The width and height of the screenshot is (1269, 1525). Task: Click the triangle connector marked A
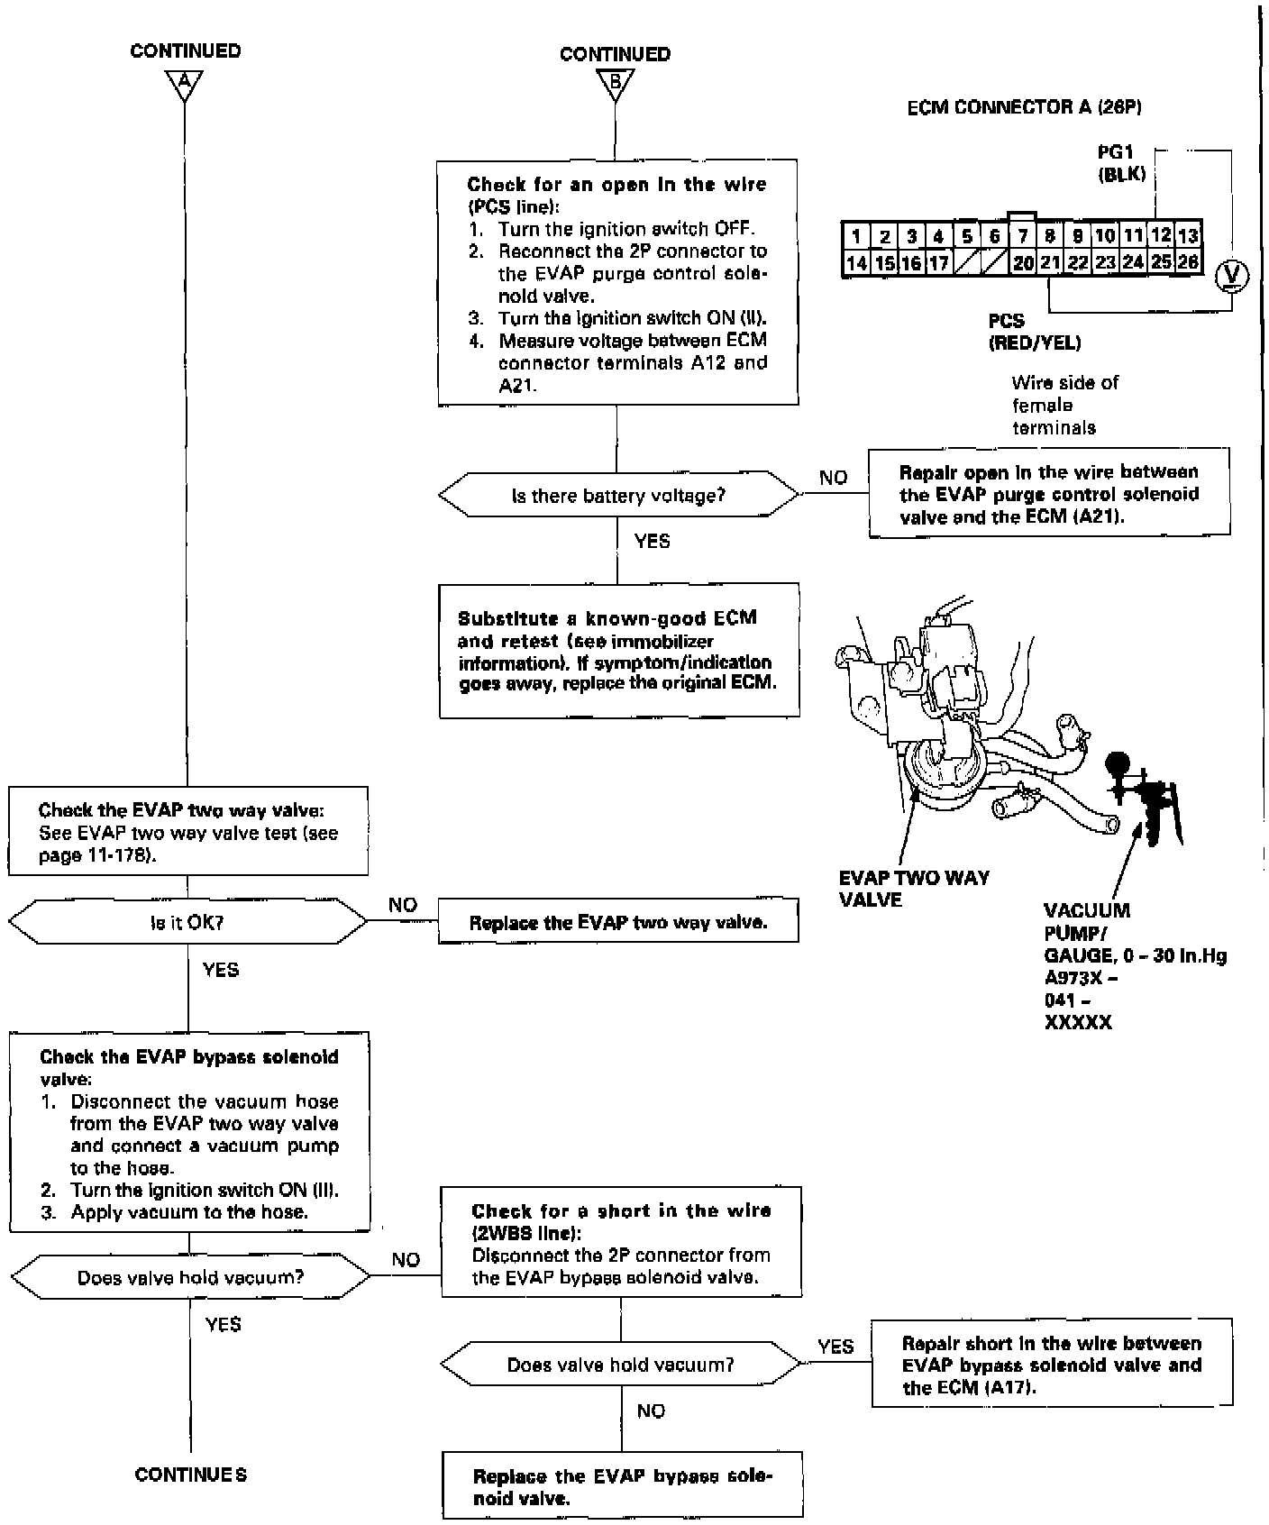coord(184,84)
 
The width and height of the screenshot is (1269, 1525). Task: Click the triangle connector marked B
coord(615,86)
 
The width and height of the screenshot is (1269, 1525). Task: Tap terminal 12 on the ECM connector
coord(1161,236)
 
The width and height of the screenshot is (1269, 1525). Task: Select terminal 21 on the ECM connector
coord(1050,262)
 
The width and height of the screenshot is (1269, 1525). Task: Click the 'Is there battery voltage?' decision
coord(618,496)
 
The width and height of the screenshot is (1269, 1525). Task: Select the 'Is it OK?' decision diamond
coord(187,923)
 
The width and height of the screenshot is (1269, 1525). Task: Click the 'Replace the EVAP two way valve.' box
coord(618,922)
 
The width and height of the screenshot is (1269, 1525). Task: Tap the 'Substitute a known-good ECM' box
coord(618,650)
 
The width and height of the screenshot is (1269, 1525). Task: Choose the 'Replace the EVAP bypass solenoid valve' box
coord(622,1488)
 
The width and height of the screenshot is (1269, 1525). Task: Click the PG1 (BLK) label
coord(1121,164)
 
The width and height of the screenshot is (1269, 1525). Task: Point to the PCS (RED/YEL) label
coord(1034,332)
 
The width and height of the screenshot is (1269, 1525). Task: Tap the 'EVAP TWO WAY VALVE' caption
coord(913,889)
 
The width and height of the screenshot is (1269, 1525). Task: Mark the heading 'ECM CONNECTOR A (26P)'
coord(1024,107)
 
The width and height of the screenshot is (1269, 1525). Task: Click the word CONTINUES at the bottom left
coord(191,1475)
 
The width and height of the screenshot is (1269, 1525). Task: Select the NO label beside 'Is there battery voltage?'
coord(834,479)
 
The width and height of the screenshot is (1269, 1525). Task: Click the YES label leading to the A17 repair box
coord(835,1347)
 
